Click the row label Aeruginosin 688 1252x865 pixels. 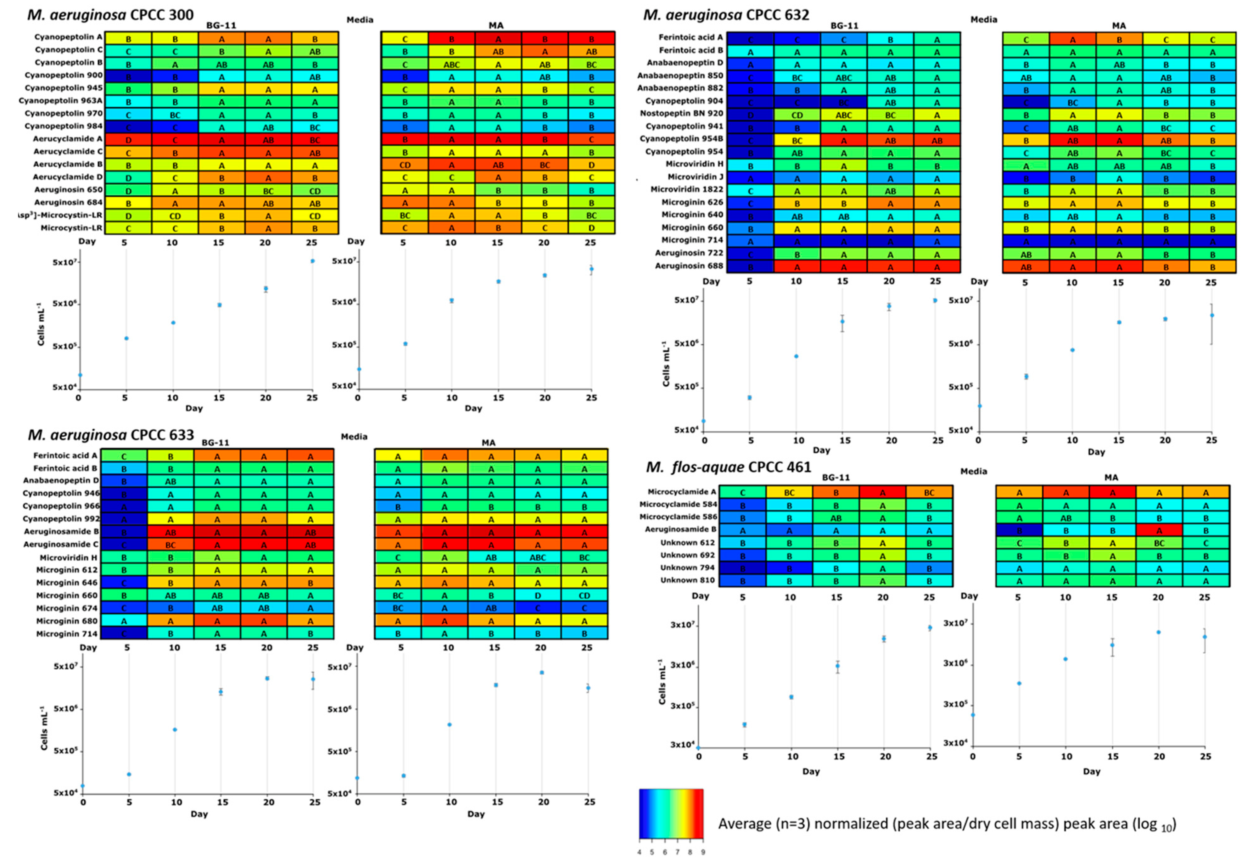688,265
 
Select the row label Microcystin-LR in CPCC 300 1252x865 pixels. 71,228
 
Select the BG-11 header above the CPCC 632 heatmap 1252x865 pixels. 844,25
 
